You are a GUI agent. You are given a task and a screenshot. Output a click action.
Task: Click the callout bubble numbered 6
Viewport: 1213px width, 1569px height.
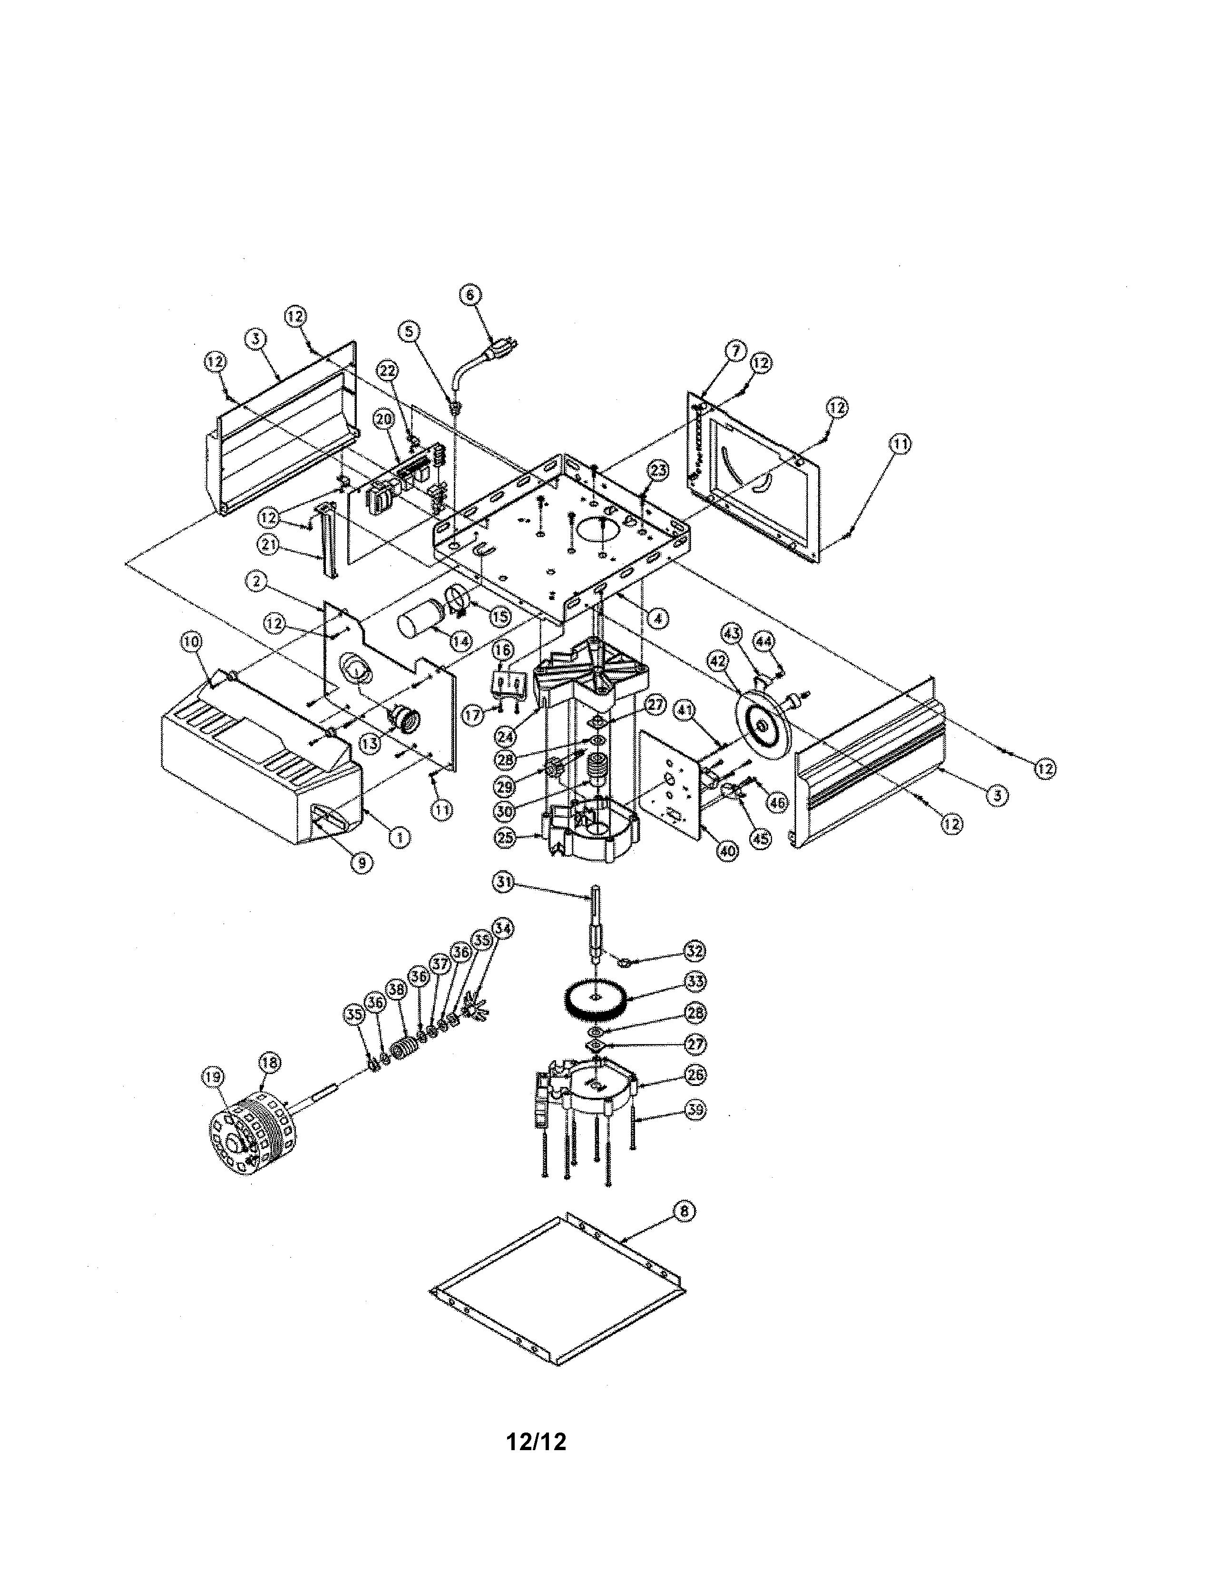470,295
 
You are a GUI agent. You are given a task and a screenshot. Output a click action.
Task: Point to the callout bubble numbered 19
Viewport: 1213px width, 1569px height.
212,1076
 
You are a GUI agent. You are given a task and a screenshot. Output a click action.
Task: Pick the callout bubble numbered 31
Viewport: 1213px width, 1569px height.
504,882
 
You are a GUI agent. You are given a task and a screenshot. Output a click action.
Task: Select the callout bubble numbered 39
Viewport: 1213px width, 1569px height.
695,1110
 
